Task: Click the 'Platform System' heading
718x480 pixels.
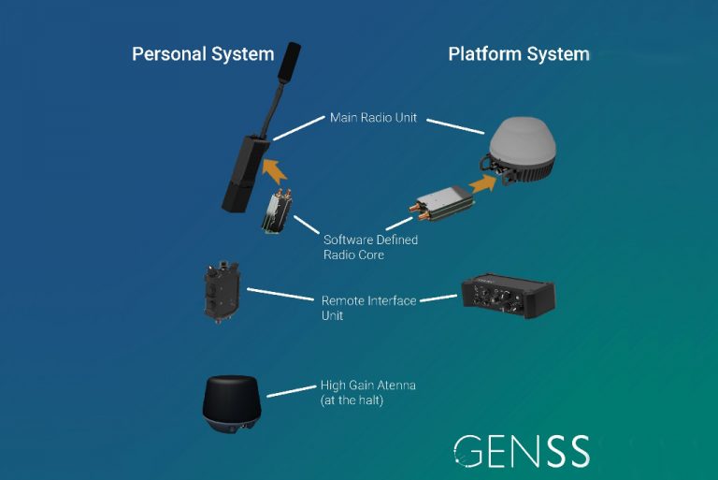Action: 519,53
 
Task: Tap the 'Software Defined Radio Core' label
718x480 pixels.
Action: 369,247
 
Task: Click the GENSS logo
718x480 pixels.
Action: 522,451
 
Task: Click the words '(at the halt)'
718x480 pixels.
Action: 354,400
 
